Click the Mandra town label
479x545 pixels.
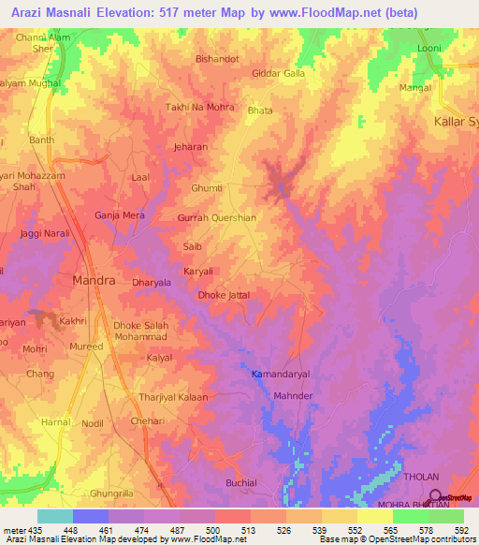pyautogui.click(x=94, y=280)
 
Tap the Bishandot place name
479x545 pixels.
pyautogui.click(x=217, y=58)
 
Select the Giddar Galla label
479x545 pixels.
pyautogui.click(x=279, y=73)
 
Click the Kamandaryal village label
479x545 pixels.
pyautogui.click(x=280, y=374)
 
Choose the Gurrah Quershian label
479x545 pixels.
pyautogui.click(x=216, y=217)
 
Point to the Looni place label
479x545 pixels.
pyautogui.click(x=428, y=47)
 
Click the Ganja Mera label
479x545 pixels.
pyautogui.click(x=120, y=215)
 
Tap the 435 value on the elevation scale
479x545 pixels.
pyautogui.click(x=36, y=531)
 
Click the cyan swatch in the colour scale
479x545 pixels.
pyautogui.click(x=54, y=516)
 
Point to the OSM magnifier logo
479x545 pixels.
pyautogui.click(x=433, y=497)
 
